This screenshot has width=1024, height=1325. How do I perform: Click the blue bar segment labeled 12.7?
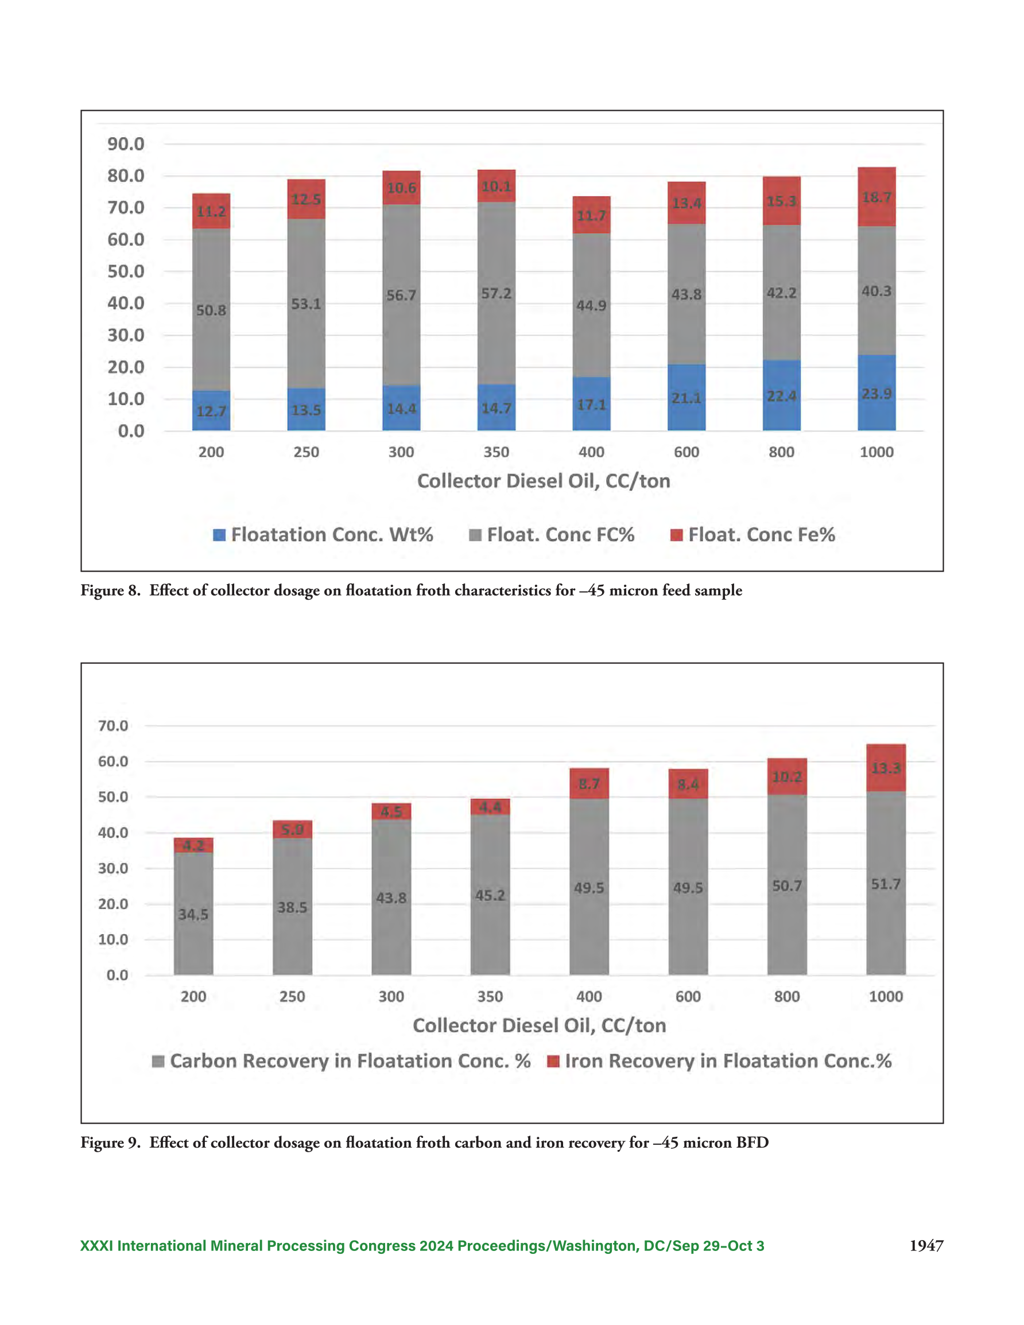(x=211, y=410)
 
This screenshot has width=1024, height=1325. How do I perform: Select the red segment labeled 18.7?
(x=876, y=197)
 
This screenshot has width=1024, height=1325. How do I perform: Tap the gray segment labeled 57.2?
(x=497, y=293)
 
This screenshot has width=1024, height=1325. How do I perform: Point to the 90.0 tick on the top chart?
(x=126, y=144)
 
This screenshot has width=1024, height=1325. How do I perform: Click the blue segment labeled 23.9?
(x=876, y=393)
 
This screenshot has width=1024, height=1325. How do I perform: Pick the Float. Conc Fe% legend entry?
(x=753, y=534)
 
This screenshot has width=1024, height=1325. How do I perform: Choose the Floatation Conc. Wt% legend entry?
(x=323, y=534)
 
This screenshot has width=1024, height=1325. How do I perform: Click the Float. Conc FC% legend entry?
(x=552, y=534)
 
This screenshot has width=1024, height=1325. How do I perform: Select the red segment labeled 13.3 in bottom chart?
(x=886, y=767)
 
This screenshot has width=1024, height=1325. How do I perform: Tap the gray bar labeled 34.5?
(x=193, y=913)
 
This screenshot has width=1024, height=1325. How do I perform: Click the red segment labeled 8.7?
(x=589, y=783)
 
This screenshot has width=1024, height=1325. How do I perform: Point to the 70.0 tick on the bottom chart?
(x=113, y=725)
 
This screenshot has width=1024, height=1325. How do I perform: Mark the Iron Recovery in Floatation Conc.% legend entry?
(x=719, y=1060)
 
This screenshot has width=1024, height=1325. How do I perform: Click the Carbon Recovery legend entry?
(x=341, y=1060)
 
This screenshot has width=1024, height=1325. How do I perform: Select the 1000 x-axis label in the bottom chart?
(x=886, y=996)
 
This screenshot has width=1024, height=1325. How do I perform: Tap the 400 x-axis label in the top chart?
(x=591, y=452)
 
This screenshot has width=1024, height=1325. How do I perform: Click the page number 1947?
(x=926, y=1246)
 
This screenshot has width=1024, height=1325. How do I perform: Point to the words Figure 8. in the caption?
(x=110, y=590)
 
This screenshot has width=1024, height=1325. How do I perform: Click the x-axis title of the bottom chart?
(x=540, y=1025)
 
